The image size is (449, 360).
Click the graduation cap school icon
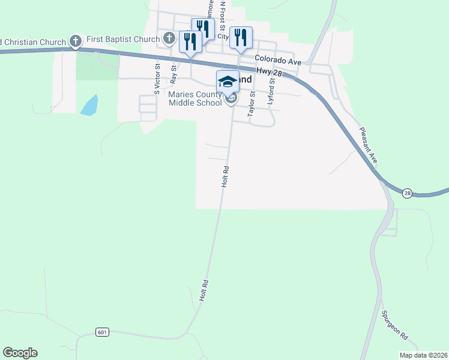228,81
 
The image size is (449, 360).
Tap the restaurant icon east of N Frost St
240,37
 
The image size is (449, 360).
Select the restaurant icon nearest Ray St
190,41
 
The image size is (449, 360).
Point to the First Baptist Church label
122,40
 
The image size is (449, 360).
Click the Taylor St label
252,103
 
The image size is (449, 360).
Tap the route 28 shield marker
408,193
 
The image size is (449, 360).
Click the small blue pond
89,105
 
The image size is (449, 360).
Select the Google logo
20,353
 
